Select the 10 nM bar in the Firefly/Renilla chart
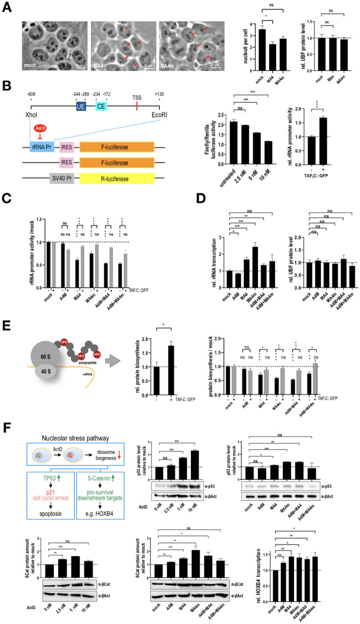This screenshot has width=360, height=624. point(267,157)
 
